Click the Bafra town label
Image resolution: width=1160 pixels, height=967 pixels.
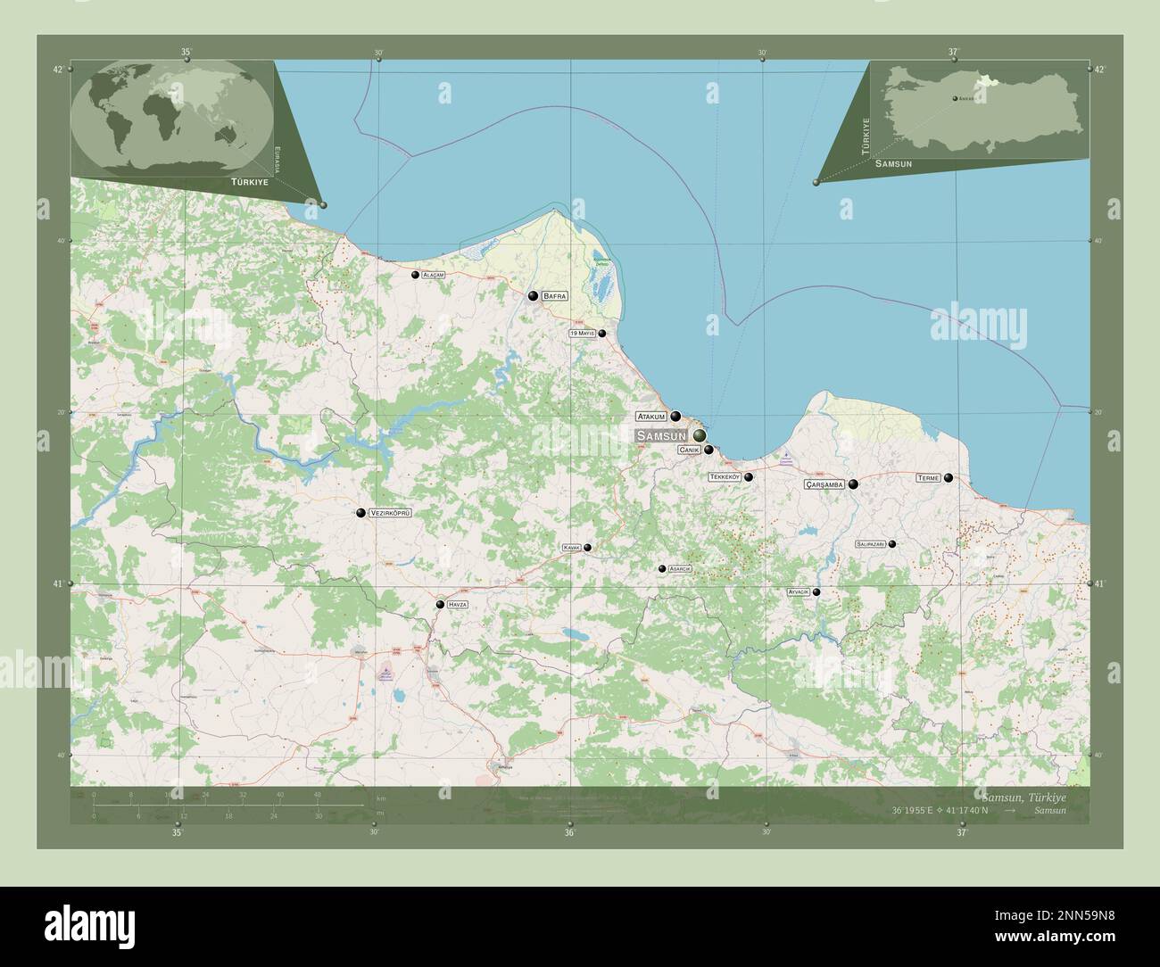point(554,295)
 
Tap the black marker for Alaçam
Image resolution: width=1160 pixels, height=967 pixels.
point(415,275)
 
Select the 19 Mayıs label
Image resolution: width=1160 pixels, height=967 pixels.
point(582,334)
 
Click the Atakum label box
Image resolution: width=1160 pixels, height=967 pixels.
point(651,417)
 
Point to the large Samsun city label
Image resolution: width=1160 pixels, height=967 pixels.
point(661,435)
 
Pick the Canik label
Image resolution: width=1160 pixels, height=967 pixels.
point(689,450)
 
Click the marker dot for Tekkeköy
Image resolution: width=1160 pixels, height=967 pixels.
point(749,477)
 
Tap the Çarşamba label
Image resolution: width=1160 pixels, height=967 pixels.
point(824,484)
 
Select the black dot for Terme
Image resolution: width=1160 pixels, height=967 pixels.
point(949,478)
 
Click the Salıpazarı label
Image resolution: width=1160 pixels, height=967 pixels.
point(870,543)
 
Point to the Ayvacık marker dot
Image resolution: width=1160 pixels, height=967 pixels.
point(816,591)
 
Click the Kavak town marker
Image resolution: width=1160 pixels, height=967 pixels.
point(587,548)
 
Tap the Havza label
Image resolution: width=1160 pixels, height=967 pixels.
point(458,605)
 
